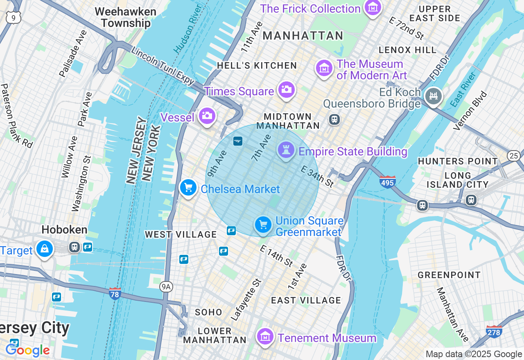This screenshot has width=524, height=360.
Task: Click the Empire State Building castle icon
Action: pos(286,150)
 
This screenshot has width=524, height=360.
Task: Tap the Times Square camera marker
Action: pos(286,90)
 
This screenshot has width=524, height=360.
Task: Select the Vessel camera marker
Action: pos(207,116)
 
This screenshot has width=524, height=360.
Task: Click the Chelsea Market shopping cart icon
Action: pos(188,188)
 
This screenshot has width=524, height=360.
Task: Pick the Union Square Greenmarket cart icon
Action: pos(263,225)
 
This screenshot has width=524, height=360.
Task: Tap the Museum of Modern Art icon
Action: pos(324,68)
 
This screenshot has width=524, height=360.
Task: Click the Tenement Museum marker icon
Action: pos(265,337)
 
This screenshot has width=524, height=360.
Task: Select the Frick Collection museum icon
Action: pos(373,8)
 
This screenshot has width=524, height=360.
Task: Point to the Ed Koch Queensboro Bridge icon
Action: pos(434,96)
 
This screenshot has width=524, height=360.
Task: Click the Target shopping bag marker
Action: pos(44,248)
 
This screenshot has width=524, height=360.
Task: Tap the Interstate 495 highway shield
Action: pos(387,181)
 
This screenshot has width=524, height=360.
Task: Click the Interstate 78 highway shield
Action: pos(115,293)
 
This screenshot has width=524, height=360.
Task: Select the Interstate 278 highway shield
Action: pos(494,331)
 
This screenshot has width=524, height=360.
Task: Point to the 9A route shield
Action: pos(166,287)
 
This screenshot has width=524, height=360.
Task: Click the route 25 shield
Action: pos(514,155)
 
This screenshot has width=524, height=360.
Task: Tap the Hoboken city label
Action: pos(65,229)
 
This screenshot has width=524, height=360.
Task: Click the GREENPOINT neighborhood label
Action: pos(449,275)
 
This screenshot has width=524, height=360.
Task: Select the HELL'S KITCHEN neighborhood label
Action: pos(257,65)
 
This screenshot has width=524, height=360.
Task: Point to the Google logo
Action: pos(27,350)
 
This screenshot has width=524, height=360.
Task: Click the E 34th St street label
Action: pos(317,177)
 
